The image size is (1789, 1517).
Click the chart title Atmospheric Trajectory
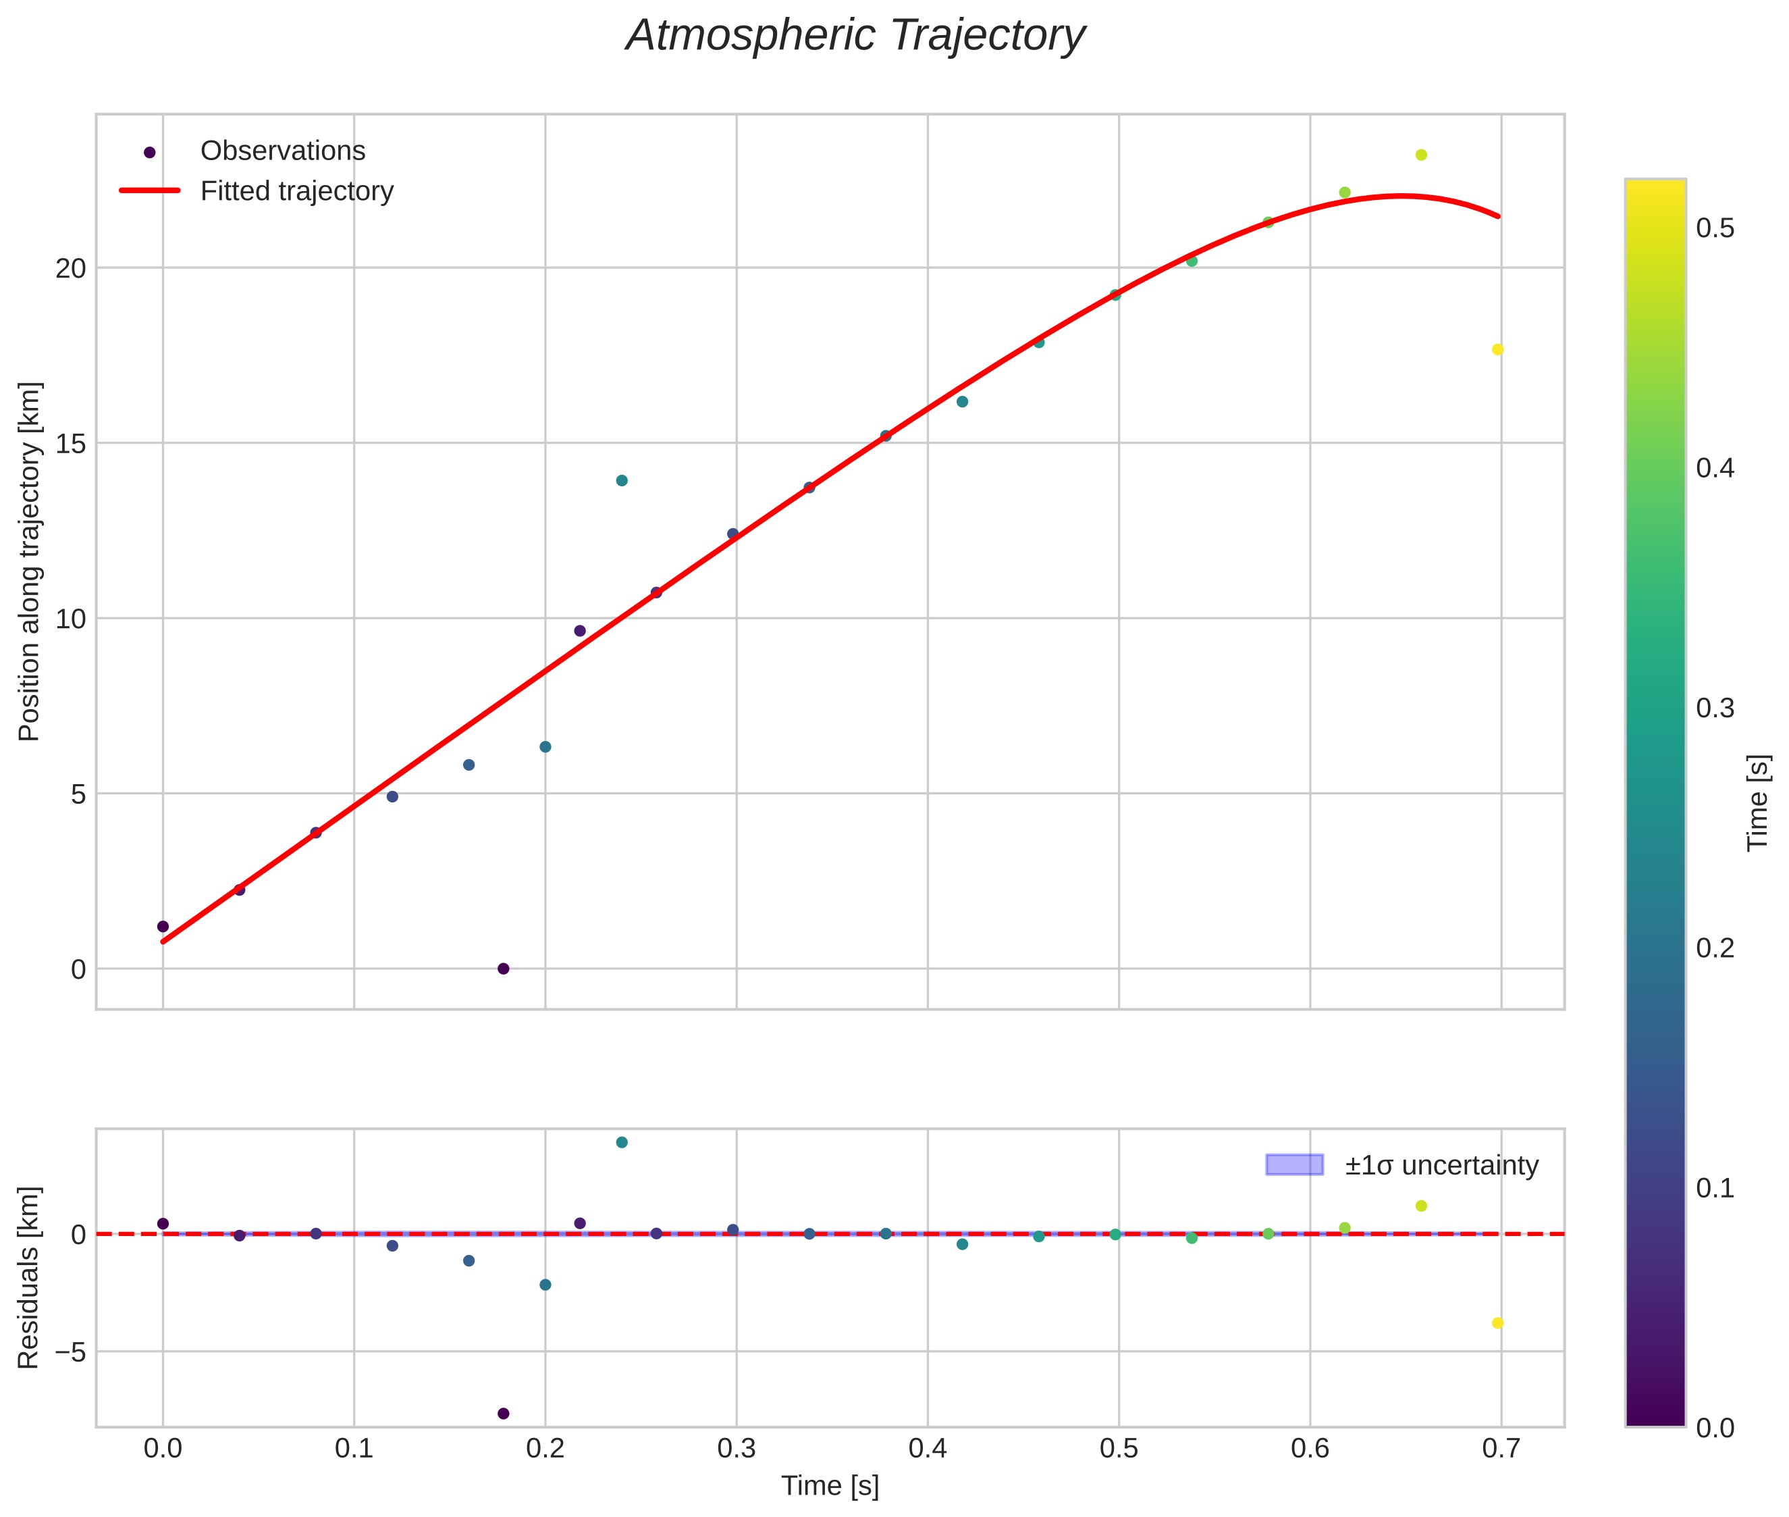855,36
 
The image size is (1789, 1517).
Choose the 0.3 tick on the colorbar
1714,709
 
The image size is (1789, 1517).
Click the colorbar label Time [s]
1758,803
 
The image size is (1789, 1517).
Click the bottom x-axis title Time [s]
830,1486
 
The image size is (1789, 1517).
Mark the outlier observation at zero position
503,969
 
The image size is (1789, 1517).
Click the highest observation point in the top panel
1421,155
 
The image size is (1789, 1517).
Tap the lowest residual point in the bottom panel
503,1414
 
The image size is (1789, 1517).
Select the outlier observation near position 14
622,481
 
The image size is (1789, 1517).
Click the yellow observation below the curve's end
1497,350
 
